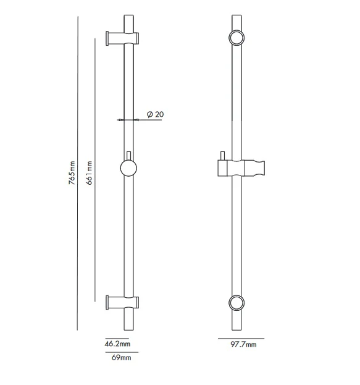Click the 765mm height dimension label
tap(72, 172)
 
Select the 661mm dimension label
tap(89, 172)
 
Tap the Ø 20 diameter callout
tap(156, 114)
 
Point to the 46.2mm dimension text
tap(117, 344)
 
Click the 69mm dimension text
tap(121, 357)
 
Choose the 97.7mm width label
tap(243, 344)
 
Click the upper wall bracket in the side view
tap(122, 38)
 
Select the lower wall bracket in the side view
tap(122, 302)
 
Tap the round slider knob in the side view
tap(128, 168)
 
